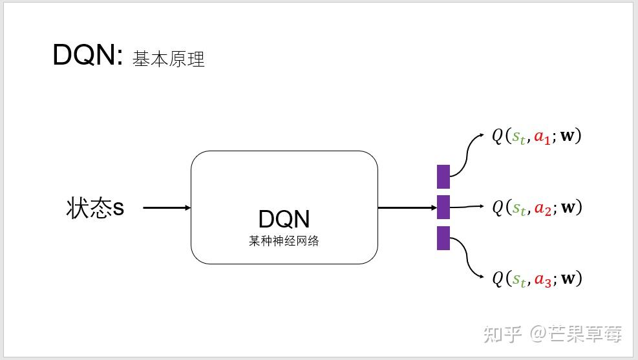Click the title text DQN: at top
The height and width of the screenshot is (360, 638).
point(87,56)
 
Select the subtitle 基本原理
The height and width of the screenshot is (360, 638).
point(169,59)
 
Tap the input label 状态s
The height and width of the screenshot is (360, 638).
point(96,208)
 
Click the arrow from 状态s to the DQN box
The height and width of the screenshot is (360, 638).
point(167,208)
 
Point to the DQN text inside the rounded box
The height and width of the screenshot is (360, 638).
point(284,219)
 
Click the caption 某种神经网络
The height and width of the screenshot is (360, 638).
point(284,242)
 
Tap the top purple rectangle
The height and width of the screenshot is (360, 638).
point(443,176)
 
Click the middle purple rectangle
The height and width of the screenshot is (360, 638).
point(443,207)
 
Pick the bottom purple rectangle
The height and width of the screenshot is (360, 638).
point(443,238)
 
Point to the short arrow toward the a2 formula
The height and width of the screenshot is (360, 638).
point(467,207)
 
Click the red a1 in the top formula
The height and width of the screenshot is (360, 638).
point(542,137)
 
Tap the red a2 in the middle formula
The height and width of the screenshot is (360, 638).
point(542,208)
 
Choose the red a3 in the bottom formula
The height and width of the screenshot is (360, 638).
point(542,279)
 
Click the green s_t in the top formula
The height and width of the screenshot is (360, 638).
point(518,137)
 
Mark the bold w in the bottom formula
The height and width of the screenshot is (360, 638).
point(568,279)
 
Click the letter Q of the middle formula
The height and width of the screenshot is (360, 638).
point(497,207)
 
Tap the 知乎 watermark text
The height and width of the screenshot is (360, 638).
point(503,334)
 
